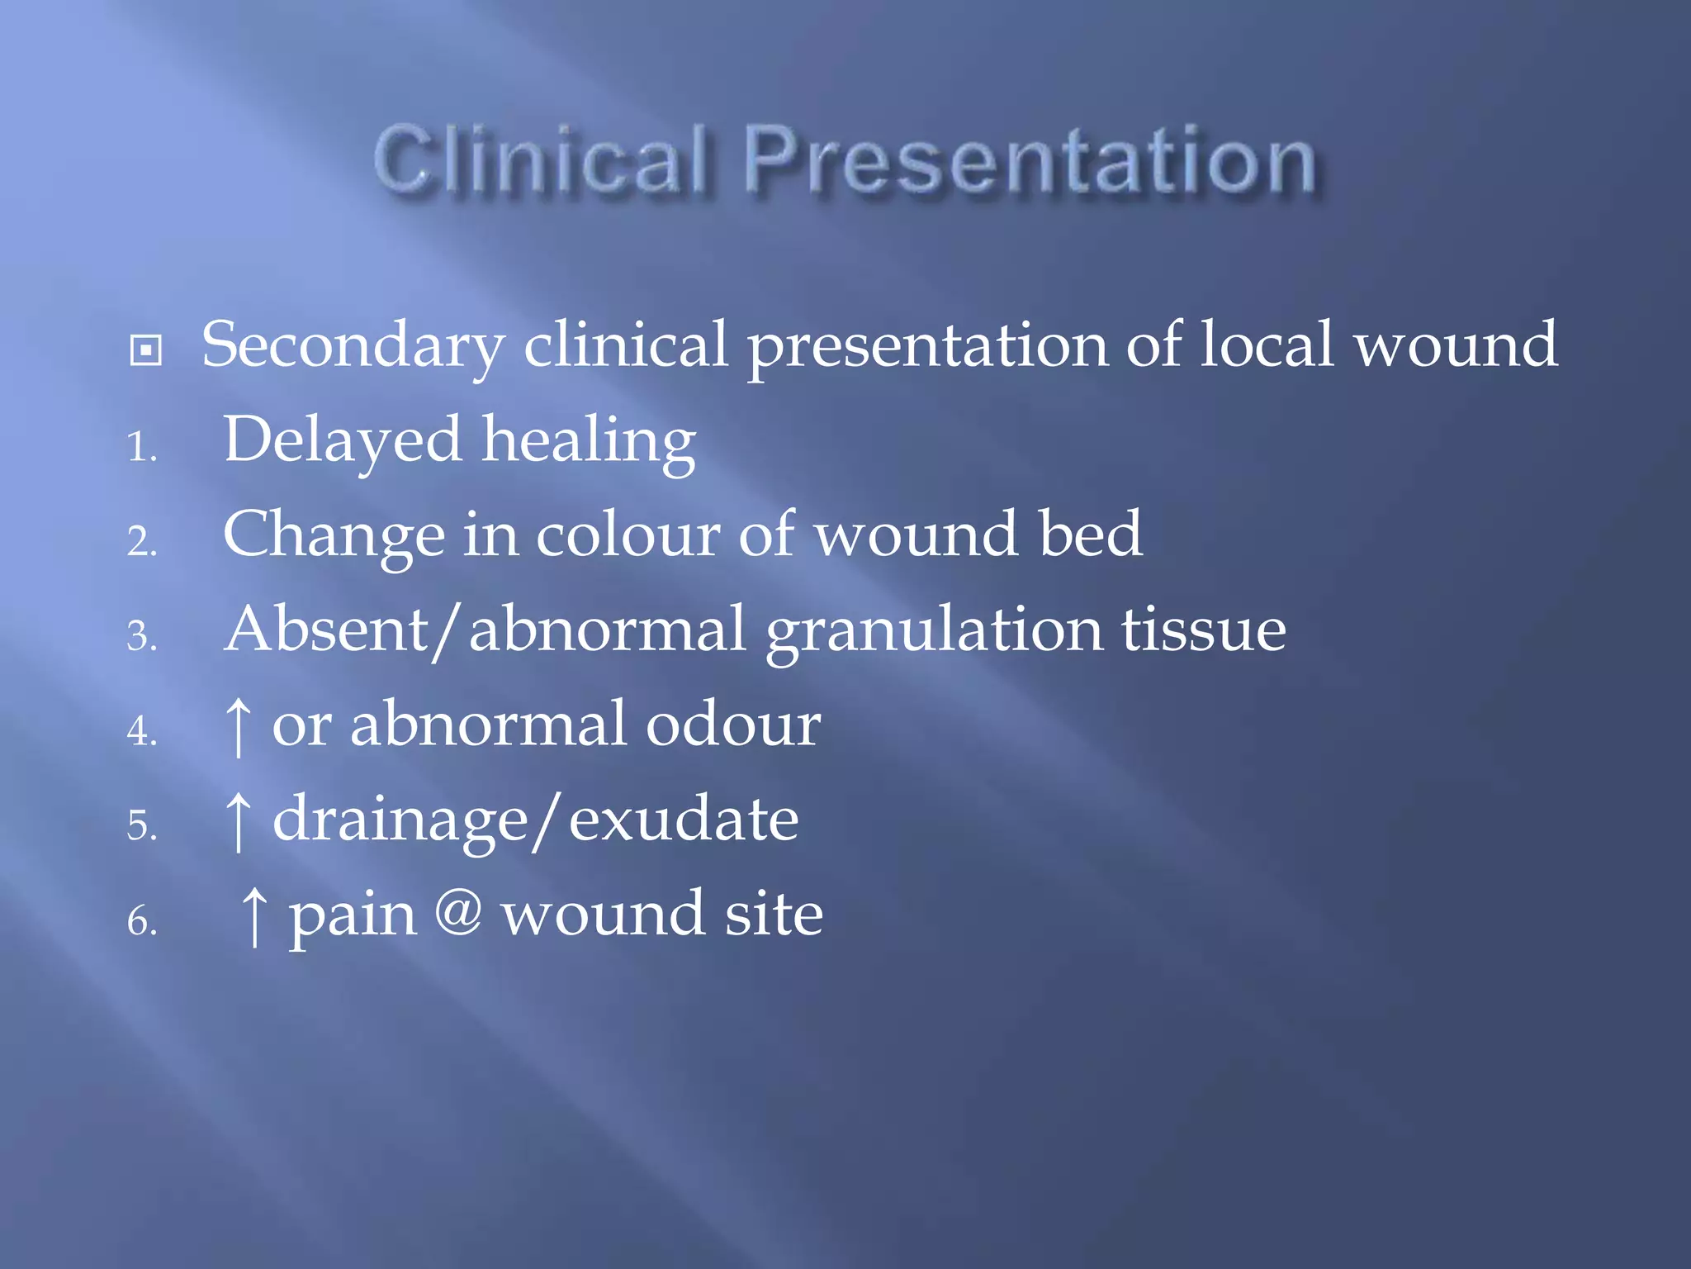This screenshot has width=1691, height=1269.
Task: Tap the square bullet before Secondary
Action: [146, 350]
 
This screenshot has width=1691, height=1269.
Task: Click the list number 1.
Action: [141, 449]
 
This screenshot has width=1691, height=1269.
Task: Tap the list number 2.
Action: [141, 543]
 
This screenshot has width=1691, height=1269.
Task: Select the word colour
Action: [628, 535]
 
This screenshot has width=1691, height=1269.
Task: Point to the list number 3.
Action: [141, 638]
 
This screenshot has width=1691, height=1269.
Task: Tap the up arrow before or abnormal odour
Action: [238, 726]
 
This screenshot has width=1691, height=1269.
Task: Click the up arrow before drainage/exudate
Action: [238, 820]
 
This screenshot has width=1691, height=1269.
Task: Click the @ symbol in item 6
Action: [458, 912]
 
